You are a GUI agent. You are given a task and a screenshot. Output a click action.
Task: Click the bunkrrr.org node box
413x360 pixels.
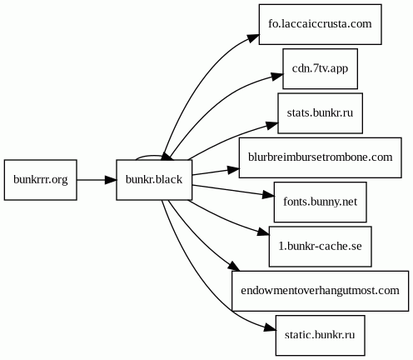pyautogui.click(x=41, y=180)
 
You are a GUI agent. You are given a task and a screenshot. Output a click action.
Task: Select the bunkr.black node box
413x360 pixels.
pyautogui.click(x=154, y=180)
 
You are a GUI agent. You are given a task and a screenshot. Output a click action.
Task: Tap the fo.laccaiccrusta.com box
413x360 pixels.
pyautogui.click(x=320, y=24)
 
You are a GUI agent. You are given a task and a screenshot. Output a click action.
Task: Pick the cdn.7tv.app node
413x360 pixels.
pyautogui.click(x=320, y=68)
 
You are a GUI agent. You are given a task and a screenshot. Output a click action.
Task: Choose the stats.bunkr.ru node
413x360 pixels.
pyautogui.click(x=320, y=113)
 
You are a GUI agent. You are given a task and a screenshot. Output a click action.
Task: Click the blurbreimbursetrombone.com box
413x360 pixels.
pyautogui.click(x=320, y=157)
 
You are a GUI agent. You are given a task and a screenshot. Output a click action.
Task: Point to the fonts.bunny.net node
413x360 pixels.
pyautogui.click(x=320, y=202)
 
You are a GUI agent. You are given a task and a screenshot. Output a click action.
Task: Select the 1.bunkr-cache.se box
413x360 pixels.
pyautogui.click(x=320, y=247)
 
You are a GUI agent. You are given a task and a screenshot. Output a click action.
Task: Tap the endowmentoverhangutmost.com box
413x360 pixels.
pyautogui.click(x=320, y=291)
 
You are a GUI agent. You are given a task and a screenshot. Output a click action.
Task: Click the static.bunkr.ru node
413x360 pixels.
pyautogui.click(x=320, y=335)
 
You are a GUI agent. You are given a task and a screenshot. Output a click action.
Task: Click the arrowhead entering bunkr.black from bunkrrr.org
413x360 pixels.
pyautogui.click(x=111, y=180)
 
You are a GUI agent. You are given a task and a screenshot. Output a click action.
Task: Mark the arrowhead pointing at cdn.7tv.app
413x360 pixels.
pyautogui.click(x=277, y=76)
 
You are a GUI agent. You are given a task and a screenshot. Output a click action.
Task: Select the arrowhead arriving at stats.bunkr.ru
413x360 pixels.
pyautogui.click(x=272, y=125)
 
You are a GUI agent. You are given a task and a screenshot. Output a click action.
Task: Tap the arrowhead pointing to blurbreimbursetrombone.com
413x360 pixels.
pyautogui.click(x=233, y=169)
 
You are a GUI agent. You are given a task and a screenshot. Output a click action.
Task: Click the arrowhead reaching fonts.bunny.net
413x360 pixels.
pyautogui.click(x=268, y=195)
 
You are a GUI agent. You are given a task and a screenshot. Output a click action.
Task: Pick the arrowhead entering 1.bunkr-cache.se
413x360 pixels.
pyautogui.click(x=263, y=232)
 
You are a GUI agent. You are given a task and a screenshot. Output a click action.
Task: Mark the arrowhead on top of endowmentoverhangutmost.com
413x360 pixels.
pyautogui.click(x=234, y=266)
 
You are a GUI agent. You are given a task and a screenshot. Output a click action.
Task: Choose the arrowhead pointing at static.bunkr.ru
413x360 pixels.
pyautogui.click(x=270, y=327)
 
